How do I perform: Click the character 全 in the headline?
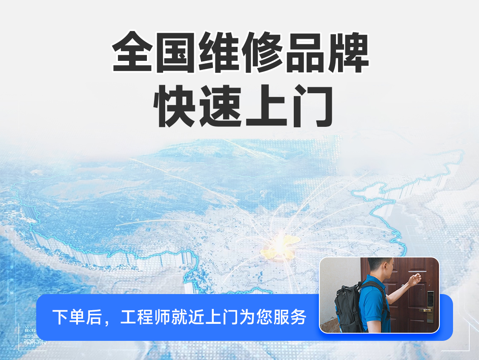click(x=133, y=52)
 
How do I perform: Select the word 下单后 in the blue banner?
click(x=77, y=317)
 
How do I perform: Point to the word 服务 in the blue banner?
click(x=289, y=317)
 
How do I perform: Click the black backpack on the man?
click(x=348, y=309)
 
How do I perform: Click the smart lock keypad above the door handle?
click(x=430, y=299)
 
